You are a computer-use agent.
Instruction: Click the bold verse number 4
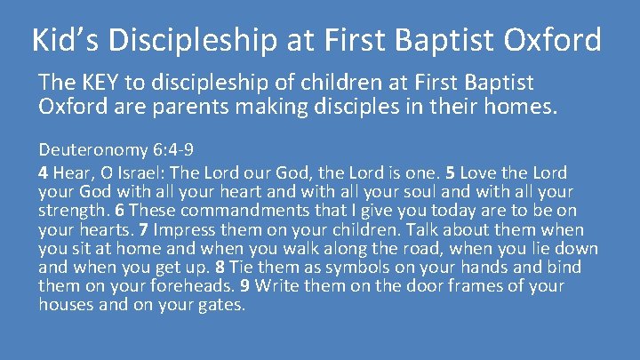click(43, 172)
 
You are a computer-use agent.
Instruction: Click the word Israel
click(136, 172)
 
